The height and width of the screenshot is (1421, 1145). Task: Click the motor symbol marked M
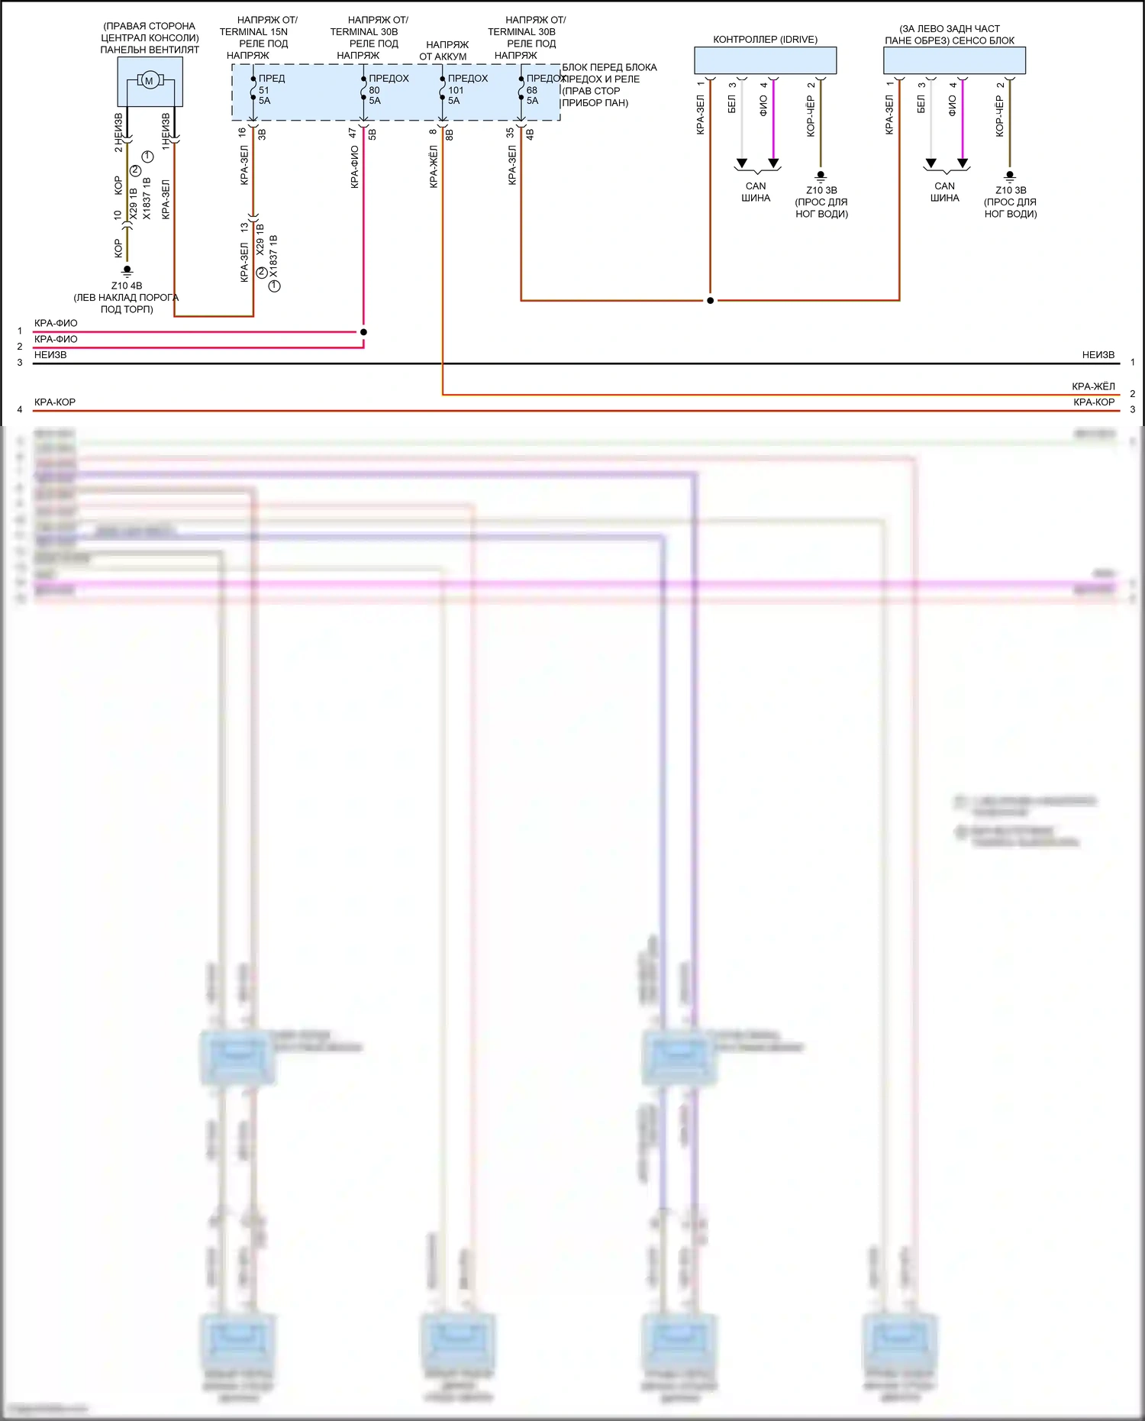coord(150,81)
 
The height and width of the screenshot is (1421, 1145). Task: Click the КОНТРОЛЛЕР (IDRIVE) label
coord(765,40)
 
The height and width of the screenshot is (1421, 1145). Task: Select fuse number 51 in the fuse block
coord(263,90)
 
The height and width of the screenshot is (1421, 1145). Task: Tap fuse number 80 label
coord(374,90)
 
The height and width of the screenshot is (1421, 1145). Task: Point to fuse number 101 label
coord(456,90)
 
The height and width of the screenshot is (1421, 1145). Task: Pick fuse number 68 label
coord(532,90)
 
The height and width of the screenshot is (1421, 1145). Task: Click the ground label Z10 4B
coord(127,286)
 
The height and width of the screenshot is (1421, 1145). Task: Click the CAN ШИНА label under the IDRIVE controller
coord(756,192)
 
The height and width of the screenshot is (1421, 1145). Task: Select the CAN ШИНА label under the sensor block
coord(945,192)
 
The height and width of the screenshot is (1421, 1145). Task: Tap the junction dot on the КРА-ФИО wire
coord(363,332)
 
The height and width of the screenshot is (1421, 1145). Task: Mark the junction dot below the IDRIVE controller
coord(710,301)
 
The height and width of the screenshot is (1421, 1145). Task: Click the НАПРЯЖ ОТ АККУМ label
coord(444,50)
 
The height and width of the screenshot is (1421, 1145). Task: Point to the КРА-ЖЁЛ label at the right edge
coord(1093,386)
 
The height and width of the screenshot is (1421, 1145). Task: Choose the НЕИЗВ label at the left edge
coord(50,355)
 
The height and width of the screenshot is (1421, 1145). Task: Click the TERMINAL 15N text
coord(253,32)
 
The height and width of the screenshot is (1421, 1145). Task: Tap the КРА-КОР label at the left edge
coord(55,402)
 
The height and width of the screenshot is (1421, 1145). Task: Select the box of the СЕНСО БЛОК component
coord(954,60)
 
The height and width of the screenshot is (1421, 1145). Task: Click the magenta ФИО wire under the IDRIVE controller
coord(773,122)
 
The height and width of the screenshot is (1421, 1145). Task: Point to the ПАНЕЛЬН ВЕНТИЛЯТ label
coord(150,50)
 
